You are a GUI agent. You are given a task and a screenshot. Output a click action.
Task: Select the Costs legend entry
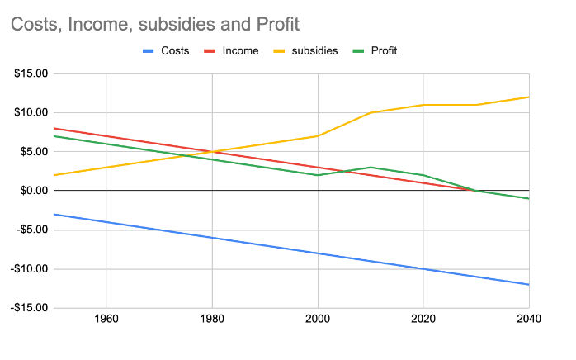(174, 51)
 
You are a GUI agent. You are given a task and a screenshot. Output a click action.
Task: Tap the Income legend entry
(240, 51)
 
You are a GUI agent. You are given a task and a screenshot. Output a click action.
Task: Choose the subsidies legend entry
(314, 51)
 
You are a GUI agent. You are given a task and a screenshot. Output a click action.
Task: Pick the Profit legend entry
(384, 51)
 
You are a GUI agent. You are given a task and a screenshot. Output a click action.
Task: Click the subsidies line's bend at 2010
(371, 112)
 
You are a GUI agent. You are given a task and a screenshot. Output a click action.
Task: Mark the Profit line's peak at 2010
(371, 168)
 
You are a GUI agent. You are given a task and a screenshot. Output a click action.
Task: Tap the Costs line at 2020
(423, 269)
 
